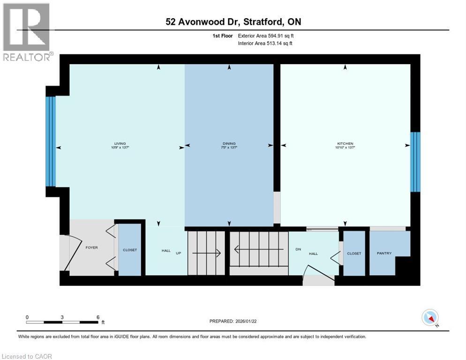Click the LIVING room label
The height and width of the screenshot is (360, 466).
click(120, 143)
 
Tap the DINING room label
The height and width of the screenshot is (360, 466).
click(229, 143)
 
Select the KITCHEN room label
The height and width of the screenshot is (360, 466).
click(345, 143)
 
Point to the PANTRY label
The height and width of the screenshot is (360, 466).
click(384, 253)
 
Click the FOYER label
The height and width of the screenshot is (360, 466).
click(91, 247)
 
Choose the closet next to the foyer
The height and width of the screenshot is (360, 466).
click(130, 250)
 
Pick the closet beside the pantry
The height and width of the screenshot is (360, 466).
click(354, 253)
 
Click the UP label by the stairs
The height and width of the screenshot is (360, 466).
click(178, 253)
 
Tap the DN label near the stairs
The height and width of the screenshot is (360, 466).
click(298, 249)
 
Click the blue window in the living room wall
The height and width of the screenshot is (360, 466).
click(51, 142)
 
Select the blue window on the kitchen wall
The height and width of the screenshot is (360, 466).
click(415, 162)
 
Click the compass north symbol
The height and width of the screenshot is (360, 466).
click(430, 318)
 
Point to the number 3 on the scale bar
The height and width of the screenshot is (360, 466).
click(62, 317)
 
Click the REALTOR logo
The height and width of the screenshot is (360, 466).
click(27, 32)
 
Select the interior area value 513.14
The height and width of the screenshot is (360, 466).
click(275, 44)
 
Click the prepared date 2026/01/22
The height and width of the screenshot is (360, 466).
click(246, 322)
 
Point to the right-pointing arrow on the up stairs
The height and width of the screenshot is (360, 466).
click(206, 253)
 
